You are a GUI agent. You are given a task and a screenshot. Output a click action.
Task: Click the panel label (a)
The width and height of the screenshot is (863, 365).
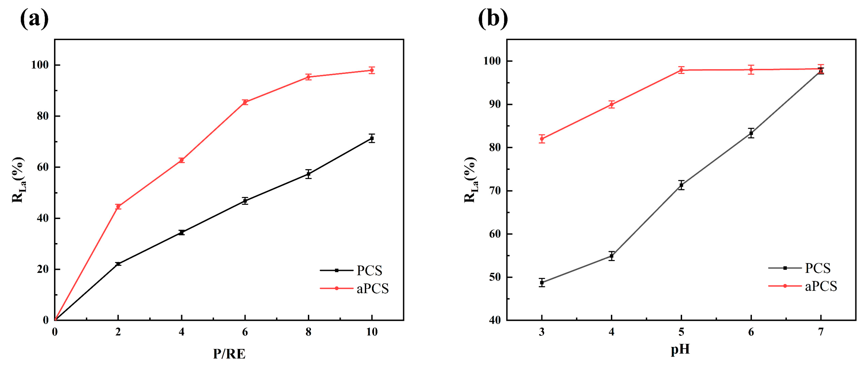(34, 18)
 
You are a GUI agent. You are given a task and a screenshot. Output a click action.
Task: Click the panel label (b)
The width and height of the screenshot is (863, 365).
(493, 18)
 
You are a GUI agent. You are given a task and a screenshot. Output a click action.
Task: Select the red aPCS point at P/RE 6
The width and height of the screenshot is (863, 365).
(245, 102)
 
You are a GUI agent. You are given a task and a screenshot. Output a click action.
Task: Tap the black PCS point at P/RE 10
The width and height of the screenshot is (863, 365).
(371, 138)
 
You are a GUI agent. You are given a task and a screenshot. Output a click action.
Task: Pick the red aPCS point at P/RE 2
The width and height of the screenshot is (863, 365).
(118, 206)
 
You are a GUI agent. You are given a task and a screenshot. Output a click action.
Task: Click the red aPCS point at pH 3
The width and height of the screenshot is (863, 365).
(542, 139)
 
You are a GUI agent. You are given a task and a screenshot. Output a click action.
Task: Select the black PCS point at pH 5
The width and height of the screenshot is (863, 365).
(681, 185)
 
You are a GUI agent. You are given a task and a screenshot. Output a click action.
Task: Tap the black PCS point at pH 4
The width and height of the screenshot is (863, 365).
(611, 256)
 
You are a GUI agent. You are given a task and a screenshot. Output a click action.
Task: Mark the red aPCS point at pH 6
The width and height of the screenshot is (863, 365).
(751, 70)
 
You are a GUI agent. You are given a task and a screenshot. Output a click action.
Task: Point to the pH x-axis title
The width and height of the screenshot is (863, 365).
(680, 349)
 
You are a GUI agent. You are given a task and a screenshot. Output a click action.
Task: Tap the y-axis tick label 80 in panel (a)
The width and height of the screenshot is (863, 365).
(43, 116)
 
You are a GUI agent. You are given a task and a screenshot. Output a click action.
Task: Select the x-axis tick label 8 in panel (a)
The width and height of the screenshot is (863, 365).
(308, 332)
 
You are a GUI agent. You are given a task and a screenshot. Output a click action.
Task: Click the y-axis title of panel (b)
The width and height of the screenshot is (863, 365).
(470, 180)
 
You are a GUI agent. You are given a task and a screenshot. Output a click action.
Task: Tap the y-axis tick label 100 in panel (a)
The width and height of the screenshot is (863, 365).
(40, 65)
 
